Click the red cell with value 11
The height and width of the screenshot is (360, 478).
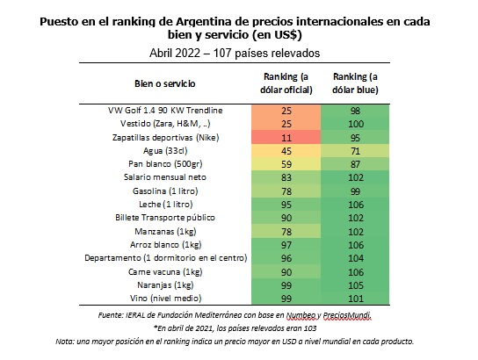point(286,137)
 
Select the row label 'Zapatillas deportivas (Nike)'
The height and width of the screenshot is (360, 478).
point(166,137)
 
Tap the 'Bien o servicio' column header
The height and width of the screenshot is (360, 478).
point(165,83)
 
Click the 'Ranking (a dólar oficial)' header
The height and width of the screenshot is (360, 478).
point(286,83)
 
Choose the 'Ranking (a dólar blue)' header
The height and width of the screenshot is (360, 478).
point(355,83)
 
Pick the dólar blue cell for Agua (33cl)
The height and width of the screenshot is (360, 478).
point(355,151)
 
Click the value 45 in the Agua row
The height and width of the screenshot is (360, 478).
point(286,151)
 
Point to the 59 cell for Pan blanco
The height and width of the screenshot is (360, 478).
point(286,164)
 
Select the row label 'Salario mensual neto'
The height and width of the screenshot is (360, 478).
point(165,177)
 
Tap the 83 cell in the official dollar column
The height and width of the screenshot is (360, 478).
point(286,177)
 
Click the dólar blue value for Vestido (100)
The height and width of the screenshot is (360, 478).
point(355,124)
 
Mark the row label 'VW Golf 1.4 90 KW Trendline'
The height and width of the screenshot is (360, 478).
point(165,111)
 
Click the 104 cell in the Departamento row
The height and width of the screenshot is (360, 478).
point(355,258)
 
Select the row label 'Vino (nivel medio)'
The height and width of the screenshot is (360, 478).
point(165,298)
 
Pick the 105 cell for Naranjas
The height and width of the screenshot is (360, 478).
point(355,285)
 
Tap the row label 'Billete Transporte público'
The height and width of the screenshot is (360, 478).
point(165,218)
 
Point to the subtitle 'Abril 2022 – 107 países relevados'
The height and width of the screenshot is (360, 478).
point(235,53)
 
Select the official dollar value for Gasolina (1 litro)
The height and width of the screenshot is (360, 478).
point(286,191)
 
